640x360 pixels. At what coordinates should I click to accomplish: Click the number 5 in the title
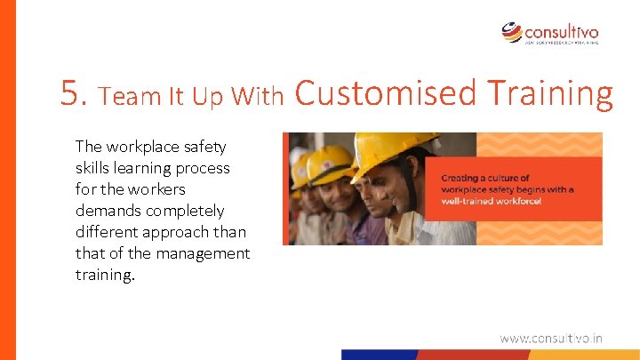point(71,92)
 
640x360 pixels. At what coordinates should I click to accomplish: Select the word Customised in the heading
point(385,92)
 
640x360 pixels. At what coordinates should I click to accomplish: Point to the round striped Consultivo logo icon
point(513,32)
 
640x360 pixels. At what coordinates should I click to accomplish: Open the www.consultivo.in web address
point(550,338)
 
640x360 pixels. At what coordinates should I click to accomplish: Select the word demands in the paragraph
point(105,211)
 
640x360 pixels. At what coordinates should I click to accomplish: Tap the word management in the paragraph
point(205,253)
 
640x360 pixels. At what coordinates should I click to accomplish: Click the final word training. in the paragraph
point(105,275)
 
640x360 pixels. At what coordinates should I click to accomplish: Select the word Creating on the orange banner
point(460,178)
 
